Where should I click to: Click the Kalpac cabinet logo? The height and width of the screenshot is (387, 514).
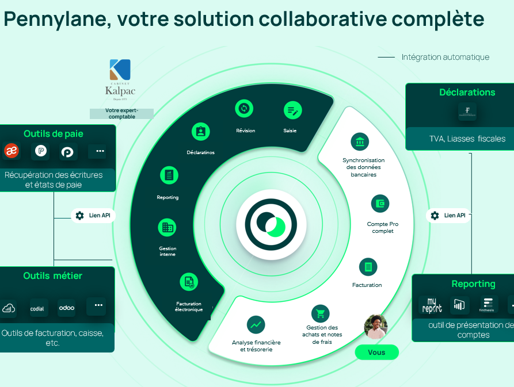(x=120, y=78)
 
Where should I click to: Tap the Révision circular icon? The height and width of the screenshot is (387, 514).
(x=245, y=109)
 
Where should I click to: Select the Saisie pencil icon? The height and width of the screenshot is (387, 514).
(x=292, y=110)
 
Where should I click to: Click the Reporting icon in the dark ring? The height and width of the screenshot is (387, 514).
(x=168, y=175)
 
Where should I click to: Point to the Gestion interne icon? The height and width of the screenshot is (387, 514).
(x=167, y=227)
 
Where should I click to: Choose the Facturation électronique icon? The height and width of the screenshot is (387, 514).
(x=188, y=282)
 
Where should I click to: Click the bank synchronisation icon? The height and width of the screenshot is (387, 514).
(x=360, y=141)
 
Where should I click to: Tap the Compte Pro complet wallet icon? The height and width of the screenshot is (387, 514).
(x=380, y=204)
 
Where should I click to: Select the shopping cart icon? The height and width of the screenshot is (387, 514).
(x=320, y=313)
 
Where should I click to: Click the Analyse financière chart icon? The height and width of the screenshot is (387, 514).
(x=256, y=324)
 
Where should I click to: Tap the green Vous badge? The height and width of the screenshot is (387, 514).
(x=376, y=352)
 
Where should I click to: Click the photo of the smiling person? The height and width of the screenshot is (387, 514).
(x=376, y=326)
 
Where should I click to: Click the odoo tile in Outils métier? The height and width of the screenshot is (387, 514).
(x=67, y=308)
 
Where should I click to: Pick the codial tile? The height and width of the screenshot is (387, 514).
(x=37, y=308)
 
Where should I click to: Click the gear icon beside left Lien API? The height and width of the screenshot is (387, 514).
(x=80, y=216)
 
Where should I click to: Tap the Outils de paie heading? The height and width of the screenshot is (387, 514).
(x=54, y=134)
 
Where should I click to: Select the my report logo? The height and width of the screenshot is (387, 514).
(x=432, y=305)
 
